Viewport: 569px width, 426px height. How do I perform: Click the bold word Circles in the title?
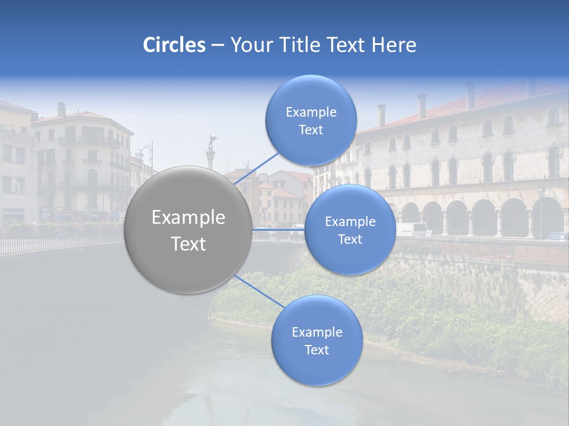[x=174, y=45]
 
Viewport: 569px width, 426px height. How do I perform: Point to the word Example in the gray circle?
[x=188, y=218]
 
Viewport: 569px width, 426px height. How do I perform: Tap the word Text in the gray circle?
[x=188, y=244]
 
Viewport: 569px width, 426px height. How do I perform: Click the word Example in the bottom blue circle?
[x=317, y=333]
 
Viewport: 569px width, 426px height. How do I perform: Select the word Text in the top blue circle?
[x=311, y=130]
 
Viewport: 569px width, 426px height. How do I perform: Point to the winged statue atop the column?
[x=212, y=142]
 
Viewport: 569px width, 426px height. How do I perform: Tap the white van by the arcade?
[x=411, y=229]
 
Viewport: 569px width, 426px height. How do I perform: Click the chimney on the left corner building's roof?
[x=61, y=109]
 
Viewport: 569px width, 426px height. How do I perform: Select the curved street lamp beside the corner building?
[x=147, y=151]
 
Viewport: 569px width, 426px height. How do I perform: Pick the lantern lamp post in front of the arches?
[x=540, y=207]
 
